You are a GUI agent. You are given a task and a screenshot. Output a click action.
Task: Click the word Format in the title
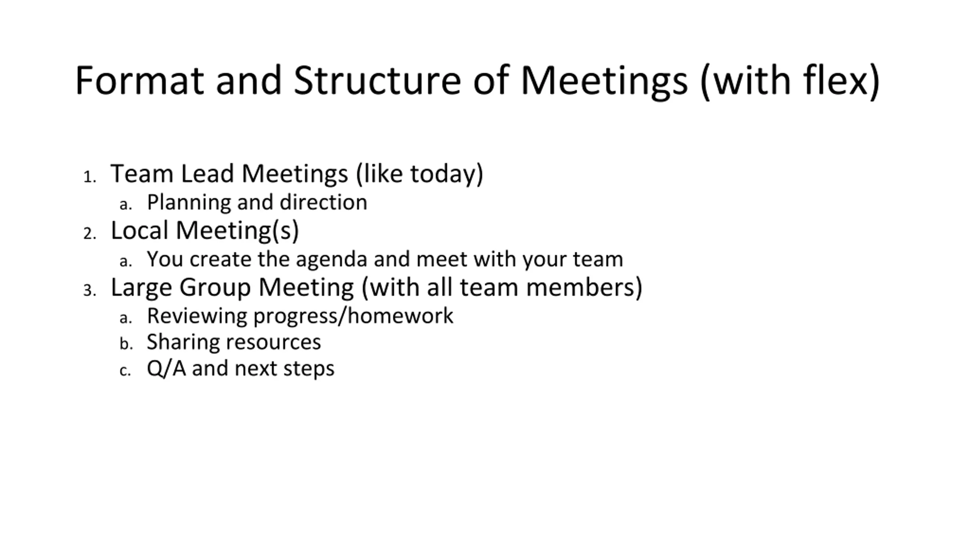pyautogui.click(x=139, y=80)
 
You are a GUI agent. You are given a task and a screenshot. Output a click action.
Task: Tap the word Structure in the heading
pyautogui.click(x=377, y=80)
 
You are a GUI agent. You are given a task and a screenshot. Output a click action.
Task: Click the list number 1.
pyautogui.click(x=89, y=177)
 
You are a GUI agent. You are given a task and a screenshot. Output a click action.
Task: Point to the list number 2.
pyautogui.click(x=90, y=234)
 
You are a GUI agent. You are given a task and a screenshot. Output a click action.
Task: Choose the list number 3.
pyautogui.click(x=90, y=290)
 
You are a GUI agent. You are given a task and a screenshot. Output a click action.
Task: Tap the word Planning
pyautogui.click(x=189, y=203)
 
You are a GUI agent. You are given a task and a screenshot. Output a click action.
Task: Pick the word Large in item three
pyautogui.click(x=141, y=288)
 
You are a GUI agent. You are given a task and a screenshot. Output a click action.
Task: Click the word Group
pyautogui.click(x=215, y=288)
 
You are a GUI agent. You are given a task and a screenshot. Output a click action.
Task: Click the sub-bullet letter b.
pyautogui.click(x=126, y=344)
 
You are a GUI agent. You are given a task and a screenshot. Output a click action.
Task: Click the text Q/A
pyautogui.click(x=166, y=369)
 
